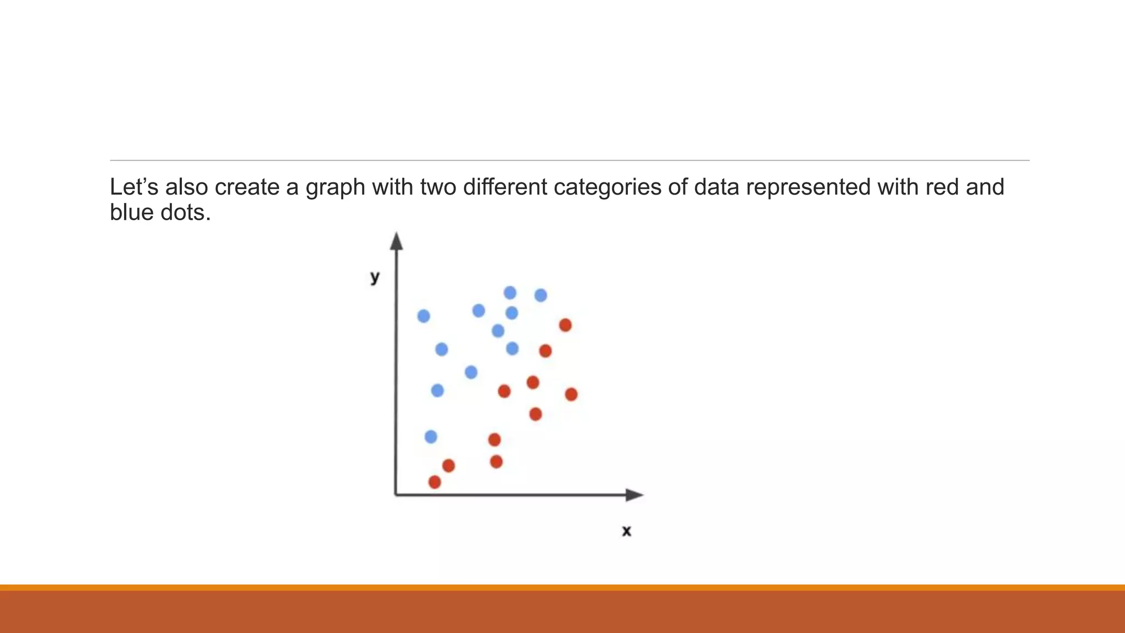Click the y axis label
coord(375,277)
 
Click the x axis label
coord(626,531)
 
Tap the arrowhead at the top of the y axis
coord(397,241)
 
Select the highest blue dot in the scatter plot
coord(510,293)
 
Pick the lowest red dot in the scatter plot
coord(435,482)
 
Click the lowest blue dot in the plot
coord(431,437)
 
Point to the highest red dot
coord(565,325)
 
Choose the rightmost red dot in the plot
coord(571,395)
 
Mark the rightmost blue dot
coord(541,296)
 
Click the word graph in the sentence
coord(335,188)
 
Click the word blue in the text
coord(131,213)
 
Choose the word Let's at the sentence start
coord(134,187)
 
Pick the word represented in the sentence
coord(808,188)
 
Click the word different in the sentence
coord(505,187)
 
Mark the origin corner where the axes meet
coord(396,495)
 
